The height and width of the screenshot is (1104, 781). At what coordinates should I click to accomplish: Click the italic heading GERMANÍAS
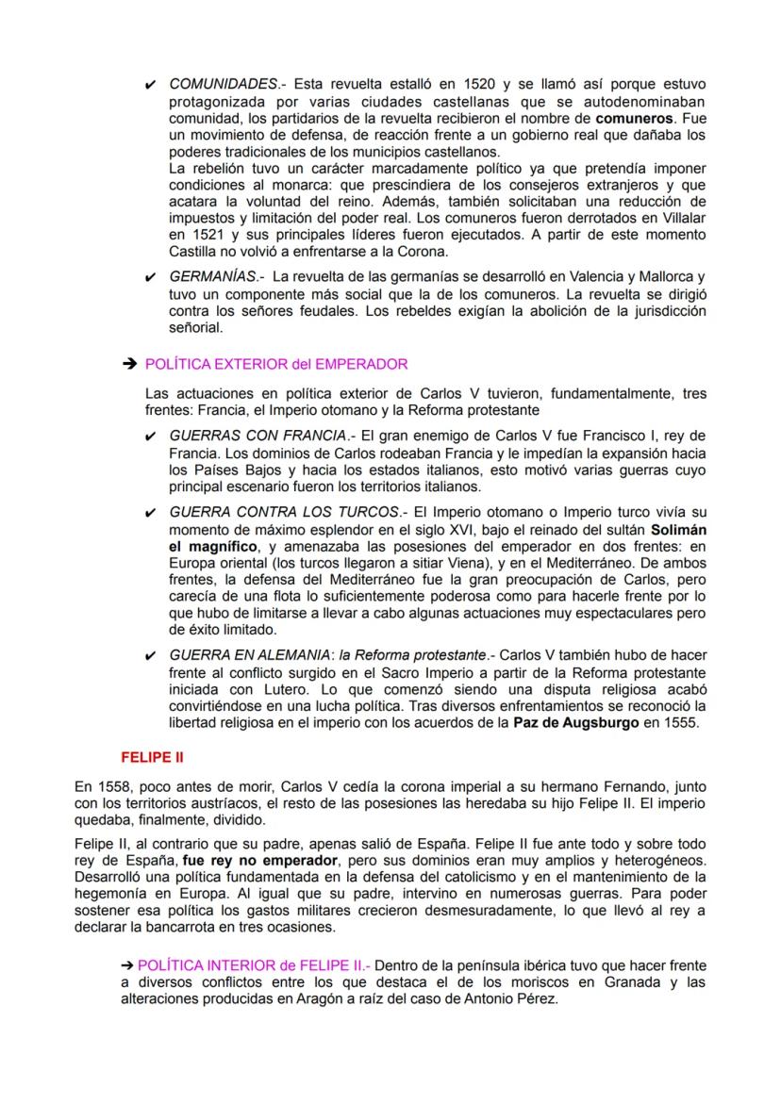coord(212,277)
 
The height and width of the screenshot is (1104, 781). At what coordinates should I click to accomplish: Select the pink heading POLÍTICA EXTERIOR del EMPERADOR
coord(276,364)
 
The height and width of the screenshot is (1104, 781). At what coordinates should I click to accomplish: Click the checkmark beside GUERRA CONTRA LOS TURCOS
coord(152,512)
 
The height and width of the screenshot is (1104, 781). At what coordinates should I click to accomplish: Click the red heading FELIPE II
coord(151,757)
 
